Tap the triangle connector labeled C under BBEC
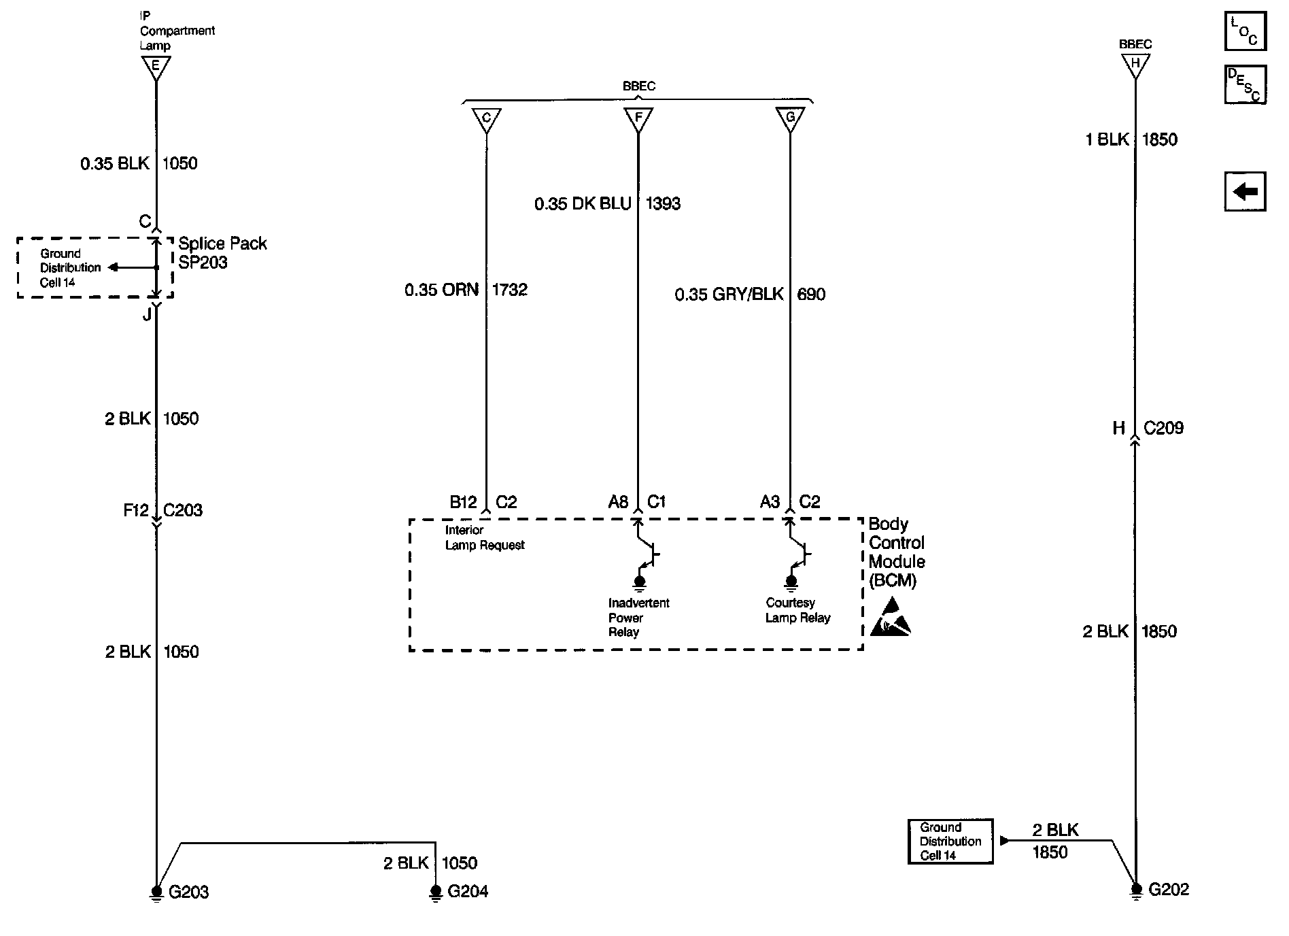pos(486,120)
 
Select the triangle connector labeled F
pos(638,120)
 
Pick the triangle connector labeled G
pos(790,120)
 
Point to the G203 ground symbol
pos(156,892)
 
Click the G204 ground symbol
pos(436,892)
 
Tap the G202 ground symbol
pos(1135,890)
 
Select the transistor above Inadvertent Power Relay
pos(647,554)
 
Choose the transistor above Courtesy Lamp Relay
pos(799,554)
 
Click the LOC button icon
pos(1245,31)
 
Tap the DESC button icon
pos(1245,84)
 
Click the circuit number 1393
pos(662,204)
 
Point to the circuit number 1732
pos(509,290)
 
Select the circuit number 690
pos(810,295)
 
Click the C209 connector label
pos(1163,429)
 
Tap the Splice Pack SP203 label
pos(222,253)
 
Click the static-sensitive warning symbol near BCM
pos(891,617)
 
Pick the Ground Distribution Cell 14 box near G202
pos(950,841)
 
